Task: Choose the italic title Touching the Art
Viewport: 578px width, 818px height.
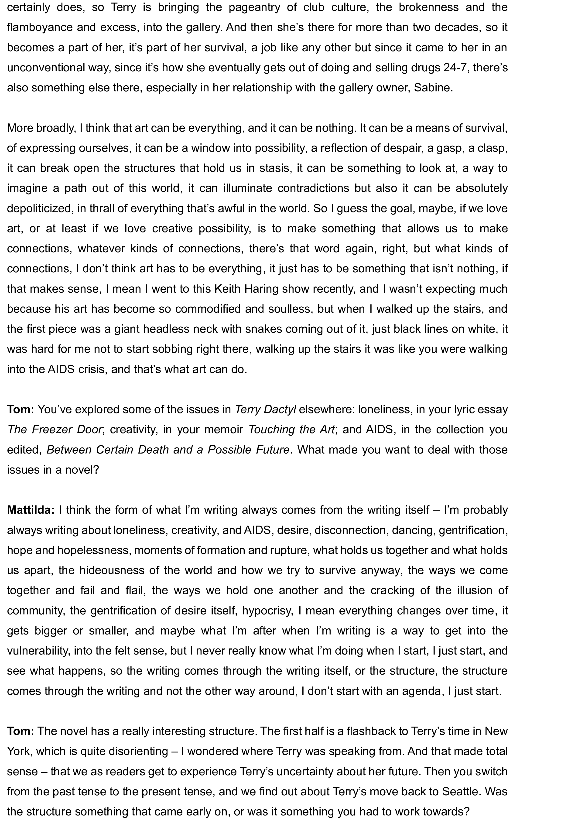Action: coord(291,429)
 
